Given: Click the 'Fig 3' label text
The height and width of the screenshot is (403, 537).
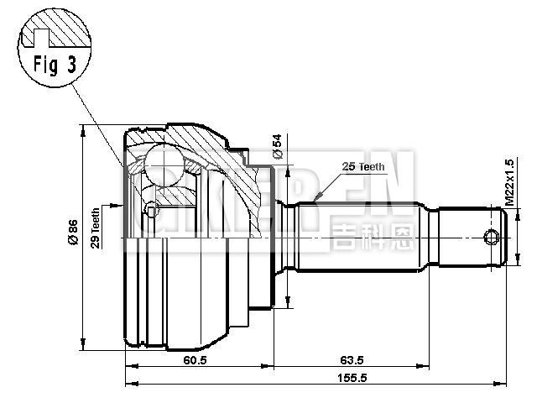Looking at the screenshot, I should (x=51, y=65).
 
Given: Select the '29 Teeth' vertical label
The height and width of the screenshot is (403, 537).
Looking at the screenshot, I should (x=96, y=228).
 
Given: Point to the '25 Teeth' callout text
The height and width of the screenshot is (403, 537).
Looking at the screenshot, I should (x=362, y=167).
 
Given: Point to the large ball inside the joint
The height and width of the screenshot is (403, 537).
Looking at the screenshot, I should (x=164, y=164).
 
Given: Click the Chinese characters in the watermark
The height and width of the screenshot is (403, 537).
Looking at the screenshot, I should (x=372, y=235).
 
